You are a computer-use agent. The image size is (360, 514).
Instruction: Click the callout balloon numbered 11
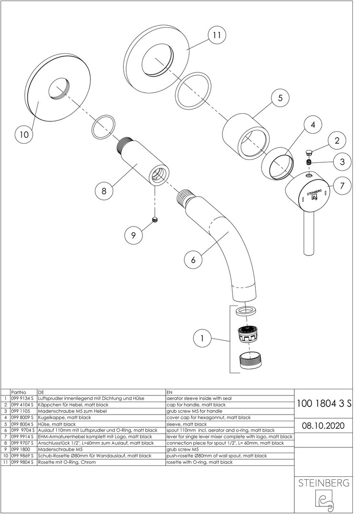pyautogui.click(x=217, y=35)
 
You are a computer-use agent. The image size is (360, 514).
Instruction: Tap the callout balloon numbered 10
pyautogui.click(x=24, y=135)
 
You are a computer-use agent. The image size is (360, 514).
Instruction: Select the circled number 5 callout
pyautogui.click(x=280, y=98)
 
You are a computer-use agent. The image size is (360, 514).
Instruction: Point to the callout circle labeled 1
pyautogui.click(x=202, y=339)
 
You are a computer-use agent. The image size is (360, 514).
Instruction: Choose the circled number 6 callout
pyautogui.click(x=193, y=260)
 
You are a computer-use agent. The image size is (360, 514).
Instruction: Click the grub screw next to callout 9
pyautogui.click(x=154, y=219)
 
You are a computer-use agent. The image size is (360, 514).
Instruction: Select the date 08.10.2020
pyautogui.click(x=324, y=425)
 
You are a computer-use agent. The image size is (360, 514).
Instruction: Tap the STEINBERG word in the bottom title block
pyautogui.click(x=324, y=483)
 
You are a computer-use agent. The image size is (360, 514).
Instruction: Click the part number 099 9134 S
pyautogui.click(x=22, y=397)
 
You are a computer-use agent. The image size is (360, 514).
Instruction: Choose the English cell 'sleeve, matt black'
pyautogui.click(x=186, y=424)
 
